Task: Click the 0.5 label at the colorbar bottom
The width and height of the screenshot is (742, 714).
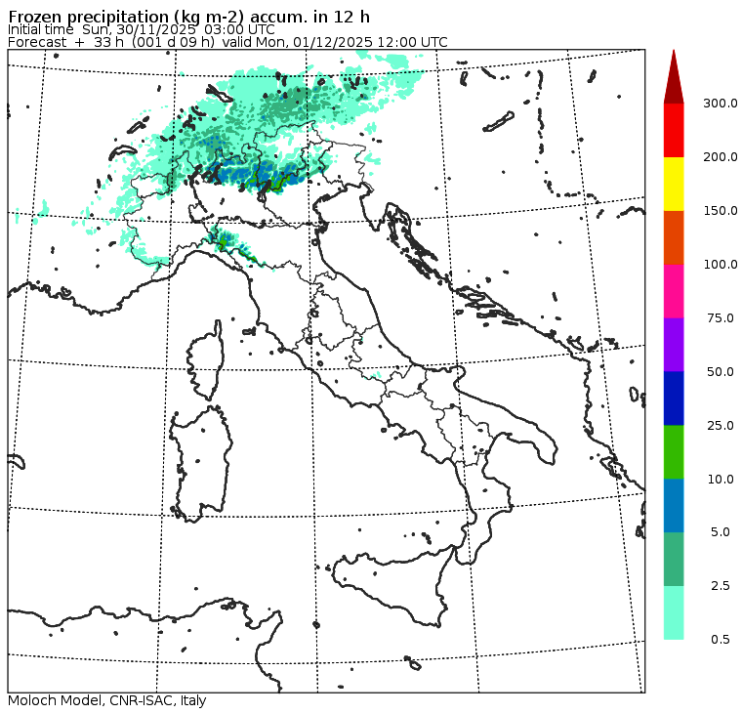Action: (721, 640)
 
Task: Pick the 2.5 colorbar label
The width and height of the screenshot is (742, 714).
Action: (721, 586)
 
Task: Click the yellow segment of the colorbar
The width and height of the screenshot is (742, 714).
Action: (674, 184)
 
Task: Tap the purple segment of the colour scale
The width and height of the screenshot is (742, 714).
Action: (674, 345)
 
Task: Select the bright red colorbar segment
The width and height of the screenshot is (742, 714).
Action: (674, 130)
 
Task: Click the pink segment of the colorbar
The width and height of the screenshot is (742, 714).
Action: (674, 291)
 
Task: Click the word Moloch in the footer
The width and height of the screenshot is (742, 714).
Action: (29, 701)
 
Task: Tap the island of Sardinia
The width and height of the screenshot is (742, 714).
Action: (200, 459)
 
